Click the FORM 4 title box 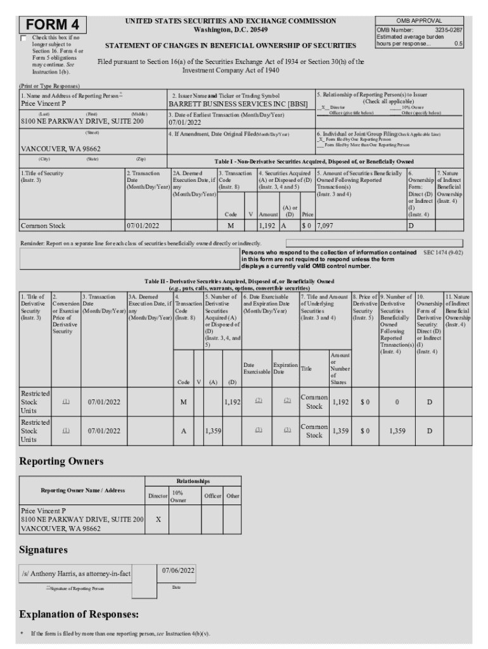pyautogui.click(x=53, y=24)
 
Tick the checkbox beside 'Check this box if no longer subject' pyautogui.click(x=23, y=38)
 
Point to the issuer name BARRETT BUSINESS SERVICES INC pyautogui.click(x=229, y=103)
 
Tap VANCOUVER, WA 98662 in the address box pyautogui.click(x=61, y=148)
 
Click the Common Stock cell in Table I pyautogui.click(x=43, y=225)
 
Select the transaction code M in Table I pyautogui.click(x=231, y=225)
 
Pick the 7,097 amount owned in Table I pyautogui.click(x=324, y=225)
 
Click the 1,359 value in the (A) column pyautogui.click(x=212, y=431)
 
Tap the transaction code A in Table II pyautogui.click(x=183, y=431)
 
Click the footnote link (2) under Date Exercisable pyautogui.click(x=258, y=401)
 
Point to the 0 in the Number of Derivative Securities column pyautogui.click(x=397, y=401)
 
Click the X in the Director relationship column pyautogui.click(x=158, y=518)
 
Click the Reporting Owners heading pyautogui.click(x=61, y=461)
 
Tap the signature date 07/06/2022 pyautogui.click(x=177, y=570)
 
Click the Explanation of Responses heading pyautogui.click(x=79, y=614)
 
